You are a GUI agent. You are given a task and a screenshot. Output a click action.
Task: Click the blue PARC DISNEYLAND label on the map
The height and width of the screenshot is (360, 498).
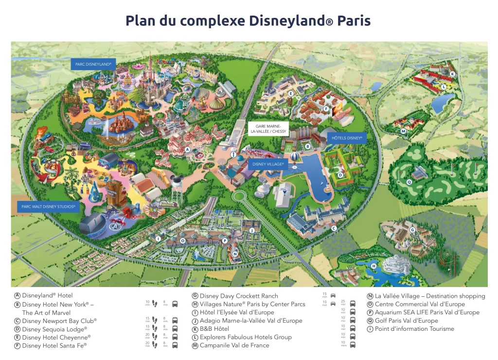coord(93,64)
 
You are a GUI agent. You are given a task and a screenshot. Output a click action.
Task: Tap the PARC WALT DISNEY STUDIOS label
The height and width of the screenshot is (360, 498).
coord(48,207)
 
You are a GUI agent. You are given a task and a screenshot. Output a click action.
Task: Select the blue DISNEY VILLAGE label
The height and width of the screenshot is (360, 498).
coord(268,164)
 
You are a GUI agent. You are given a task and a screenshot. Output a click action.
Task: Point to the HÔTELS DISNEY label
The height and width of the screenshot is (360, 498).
coord(347,138)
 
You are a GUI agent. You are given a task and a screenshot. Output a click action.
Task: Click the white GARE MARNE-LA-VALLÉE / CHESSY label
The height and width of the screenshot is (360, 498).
coord(268,128)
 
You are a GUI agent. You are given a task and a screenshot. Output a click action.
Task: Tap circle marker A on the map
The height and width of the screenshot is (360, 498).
coord(187,150)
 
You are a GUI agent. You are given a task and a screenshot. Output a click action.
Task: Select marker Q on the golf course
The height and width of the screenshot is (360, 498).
coord(409,182)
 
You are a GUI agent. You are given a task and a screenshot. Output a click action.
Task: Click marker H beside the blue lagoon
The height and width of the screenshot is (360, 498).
coord(373,266)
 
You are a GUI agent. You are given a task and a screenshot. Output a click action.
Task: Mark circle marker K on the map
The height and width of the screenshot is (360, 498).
coord(452,74)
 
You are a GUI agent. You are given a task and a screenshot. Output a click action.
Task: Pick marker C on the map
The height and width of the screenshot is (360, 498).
coord(334,228)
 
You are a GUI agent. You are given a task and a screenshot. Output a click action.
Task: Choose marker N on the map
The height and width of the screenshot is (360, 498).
coord(235,253)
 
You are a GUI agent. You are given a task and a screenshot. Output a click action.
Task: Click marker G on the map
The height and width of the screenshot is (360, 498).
coord(412,230)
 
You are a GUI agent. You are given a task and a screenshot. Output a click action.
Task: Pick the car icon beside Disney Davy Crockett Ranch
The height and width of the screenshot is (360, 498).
coord(333,296)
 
